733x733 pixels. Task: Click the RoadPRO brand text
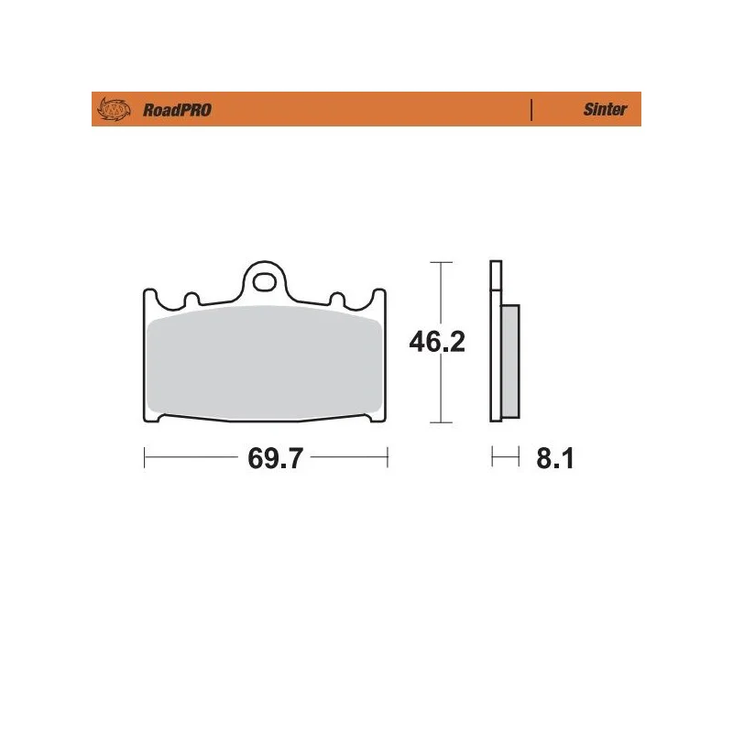(x=177, y=110)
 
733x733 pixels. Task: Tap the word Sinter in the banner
(x=605, y=109)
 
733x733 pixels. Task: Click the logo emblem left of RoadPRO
(x=114, y=109)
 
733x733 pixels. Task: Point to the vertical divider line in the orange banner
(x=531, y=110)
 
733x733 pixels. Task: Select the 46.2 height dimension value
(x=437, y=342)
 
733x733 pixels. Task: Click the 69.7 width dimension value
(x=276, y=458)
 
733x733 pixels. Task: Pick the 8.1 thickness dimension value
(x=555, y=458)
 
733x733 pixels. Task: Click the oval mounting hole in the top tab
(x=264, y=282)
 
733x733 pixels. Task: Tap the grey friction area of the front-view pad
(x=264, y=362)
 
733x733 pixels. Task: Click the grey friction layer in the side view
(x=510, y=361)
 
